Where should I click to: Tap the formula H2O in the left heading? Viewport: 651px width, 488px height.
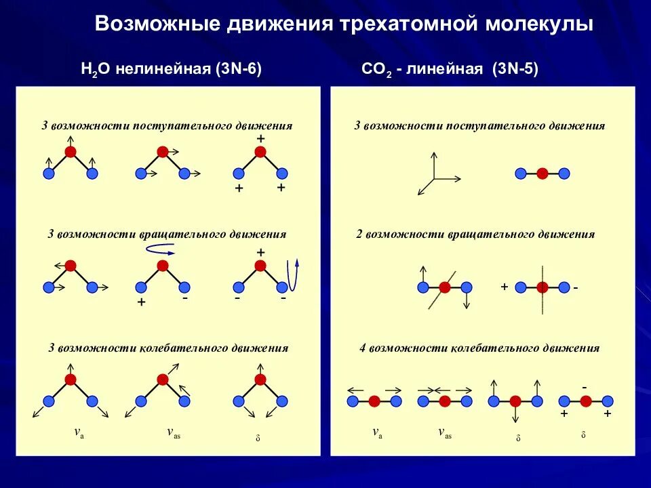click(x=95, y=69)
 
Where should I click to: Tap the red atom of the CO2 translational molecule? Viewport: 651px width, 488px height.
click(x=542, y=174)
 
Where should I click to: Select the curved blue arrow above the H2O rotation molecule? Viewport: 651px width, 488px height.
click(x=161, y=249)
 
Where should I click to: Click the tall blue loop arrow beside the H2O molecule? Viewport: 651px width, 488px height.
click(x=293, y=274)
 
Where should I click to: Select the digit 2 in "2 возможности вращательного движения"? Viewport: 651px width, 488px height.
click(x=359, y=235)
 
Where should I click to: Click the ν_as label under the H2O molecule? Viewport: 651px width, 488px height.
click(x=174, y=432)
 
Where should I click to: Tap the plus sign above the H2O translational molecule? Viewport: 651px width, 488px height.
click(x=260, y=138)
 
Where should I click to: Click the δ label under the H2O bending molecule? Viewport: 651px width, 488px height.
click(x=258, y=437)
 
